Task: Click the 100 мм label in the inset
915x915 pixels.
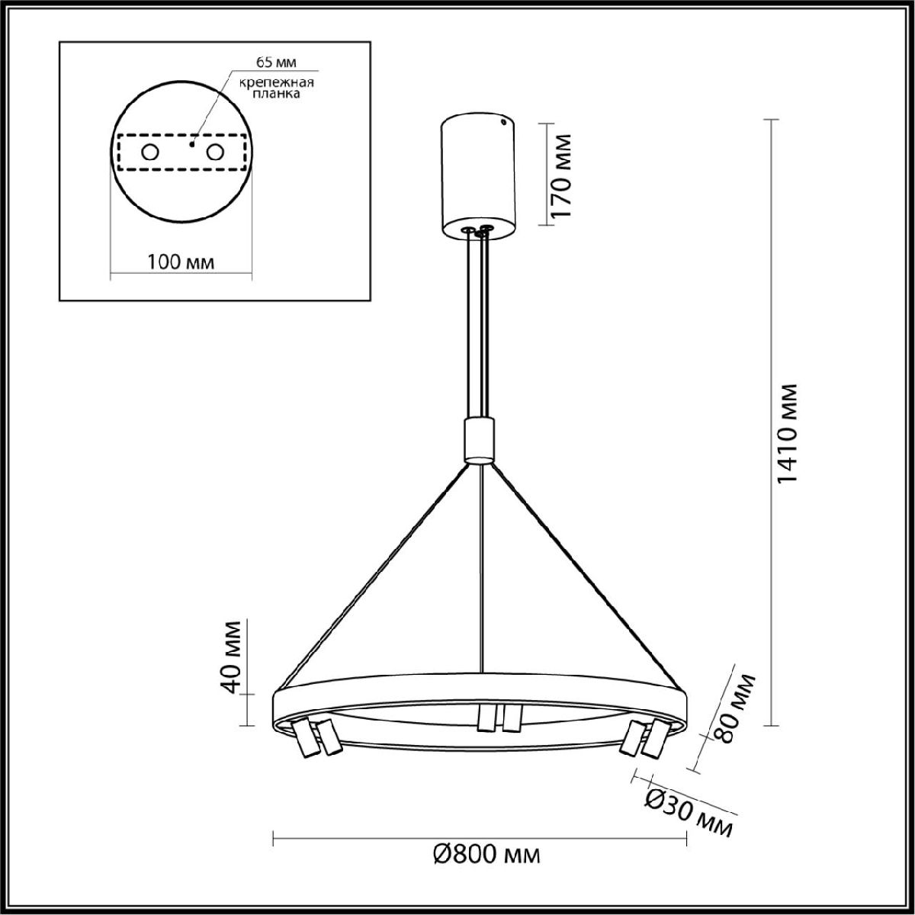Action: (181, 262)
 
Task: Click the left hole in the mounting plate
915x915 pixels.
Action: (150, 152)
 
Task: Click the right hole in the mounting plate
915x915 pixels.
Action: (216, 152)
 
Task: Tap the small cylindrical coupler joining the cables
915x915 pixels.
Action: (480, 439)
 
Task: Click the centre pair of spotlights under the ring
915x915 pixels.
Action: (498, 718)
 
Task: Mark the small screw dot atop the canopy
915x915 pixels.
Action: (503, 120)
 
